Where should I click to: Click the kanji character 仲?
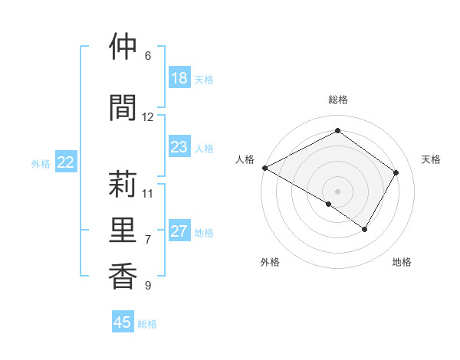tap(122, 47)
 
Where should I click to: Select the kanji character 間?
tap(122, 106)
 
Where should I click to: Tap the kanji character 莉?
tap(122, 184)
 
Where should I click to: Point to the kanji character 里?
tap(122, 229)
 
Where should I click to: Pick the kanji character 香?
tap(122, 276)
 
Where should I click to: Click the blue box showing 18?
tap(179, 78)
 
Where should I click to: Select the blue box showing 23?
tap(179, 147)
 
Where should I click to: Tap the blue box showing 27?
tap(179, 231)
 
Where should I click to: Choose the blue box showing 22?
tap(66, 162)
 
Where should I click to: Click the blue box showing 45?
tap(123, 322)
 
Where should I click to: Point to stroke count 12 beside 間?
tap(148, 117)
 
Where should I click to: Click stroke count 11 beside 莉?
tap(148, 193)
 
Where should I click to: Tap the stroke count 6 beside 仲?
tap(148, 56)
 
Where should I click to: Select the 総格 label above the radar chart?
tap(337, 100)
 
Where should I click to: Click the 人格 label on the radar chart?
tap(245, 159)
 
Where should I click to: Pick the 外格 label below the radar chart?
tap(270, 262)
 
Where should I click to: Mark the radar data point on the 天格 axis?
tap(396, 173)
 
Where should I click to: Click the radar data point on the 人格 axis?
tap(264, 168)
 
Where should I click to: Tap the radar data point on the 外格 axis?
tap(329, 204)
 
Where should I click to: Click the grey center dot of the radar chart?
tap(337, 191)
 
